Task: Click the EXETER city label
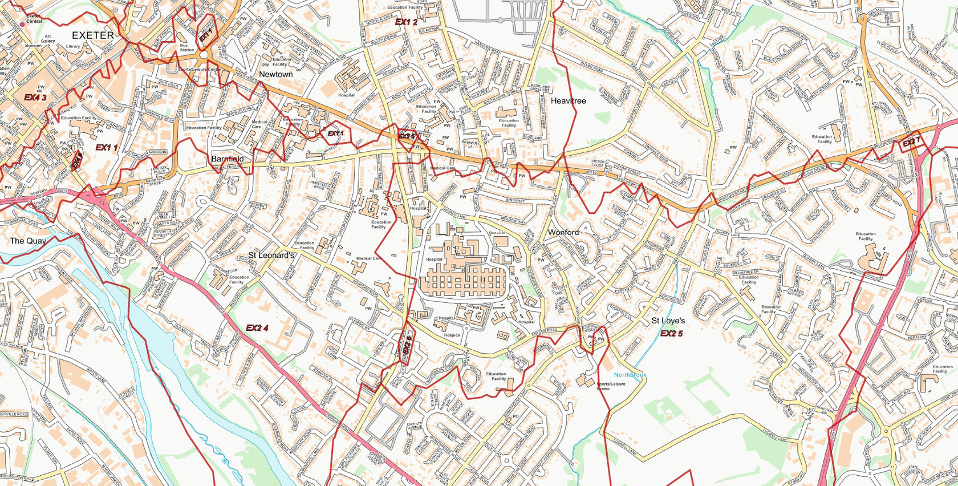[x=93, y=35]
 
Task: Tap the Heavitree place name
[x=568, y=101]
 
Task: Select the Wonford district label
[x=563, y=232]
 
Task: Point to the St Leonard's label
[x=271, y=256]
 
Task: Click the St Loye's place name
[x=668, y=321]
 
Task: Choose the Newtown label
[x=275, y=74]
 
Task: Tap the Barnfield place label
[x=227, y=159]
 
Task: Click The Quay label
[x=28, y=241]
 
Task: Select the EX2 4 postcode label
[x=257, y=328]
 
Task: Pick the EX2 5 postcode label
[x=672, y=334]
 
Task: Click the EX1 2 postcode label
[x=406, y=22]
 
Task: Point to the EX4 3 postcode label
[x=35, y=98]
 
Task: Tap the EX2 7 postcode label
[x=911, y=141]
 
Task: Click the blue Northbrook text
[x=630, y=375]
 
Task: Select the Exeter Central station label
[x=34, y=19]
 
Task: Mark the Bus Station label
[x=187, y=47]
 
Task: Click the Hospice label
[x=453, y=335]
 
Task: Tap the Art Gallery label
[x=48, y=38]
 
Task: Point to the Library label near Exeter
[x=73, y=47]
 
